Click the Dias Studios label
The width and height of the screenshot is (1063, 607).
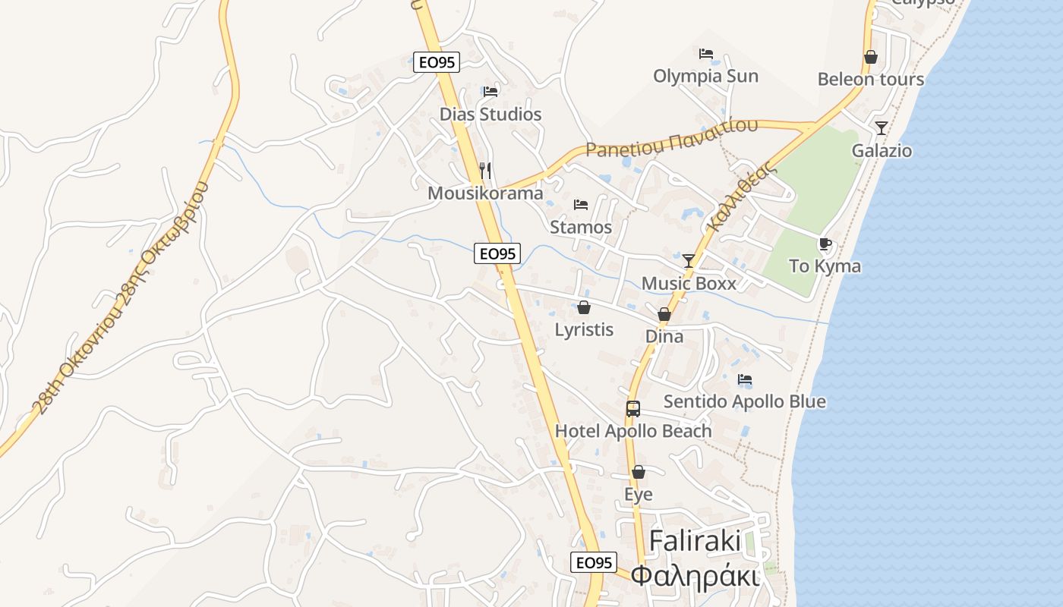click(490, 115)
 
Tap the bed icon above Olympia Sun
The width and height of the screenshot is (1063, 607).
click(706, 54)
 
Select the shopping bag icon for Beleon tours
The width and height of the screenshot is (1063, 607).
click(871, 57)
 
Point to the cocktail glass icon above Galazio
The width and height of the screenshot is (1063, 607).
click(882, 127)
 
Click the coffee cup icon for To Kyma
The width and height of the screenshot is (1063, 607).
click(825, 244)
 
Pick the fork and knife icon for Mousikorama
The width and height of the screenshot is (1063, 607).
click(486, 171)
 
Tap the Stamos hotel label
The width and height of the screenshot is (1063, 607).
click(581, 227)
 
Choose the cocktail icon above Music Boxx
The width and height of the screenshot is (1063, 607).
click(689, 260)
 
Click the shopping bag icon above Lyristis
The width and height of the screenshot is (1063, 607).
click(584, 307)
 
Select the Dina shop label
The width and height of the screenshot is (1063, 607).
click(664, 336)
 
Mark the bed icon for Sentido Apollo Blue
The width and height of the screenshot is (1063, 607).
click(745, 379)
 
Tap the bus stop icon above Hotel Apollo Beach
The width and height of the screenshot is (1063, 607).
click(633, 408)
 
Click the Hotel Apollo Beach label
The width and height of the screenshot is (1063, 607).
click(633, 431)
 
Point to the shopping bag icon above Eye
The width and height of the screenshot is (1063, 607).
click(639, 472)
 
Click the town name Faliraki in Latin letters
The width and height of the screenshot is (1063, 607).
click(695, 541)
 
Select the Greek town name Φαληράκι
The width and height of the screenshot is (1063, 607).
click(695, 576)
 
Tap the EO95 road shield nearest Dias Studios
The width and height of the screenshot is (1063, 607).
click(437, 62)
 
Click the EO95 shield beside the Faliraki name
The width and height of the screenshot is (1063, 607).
click(593, 562)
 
